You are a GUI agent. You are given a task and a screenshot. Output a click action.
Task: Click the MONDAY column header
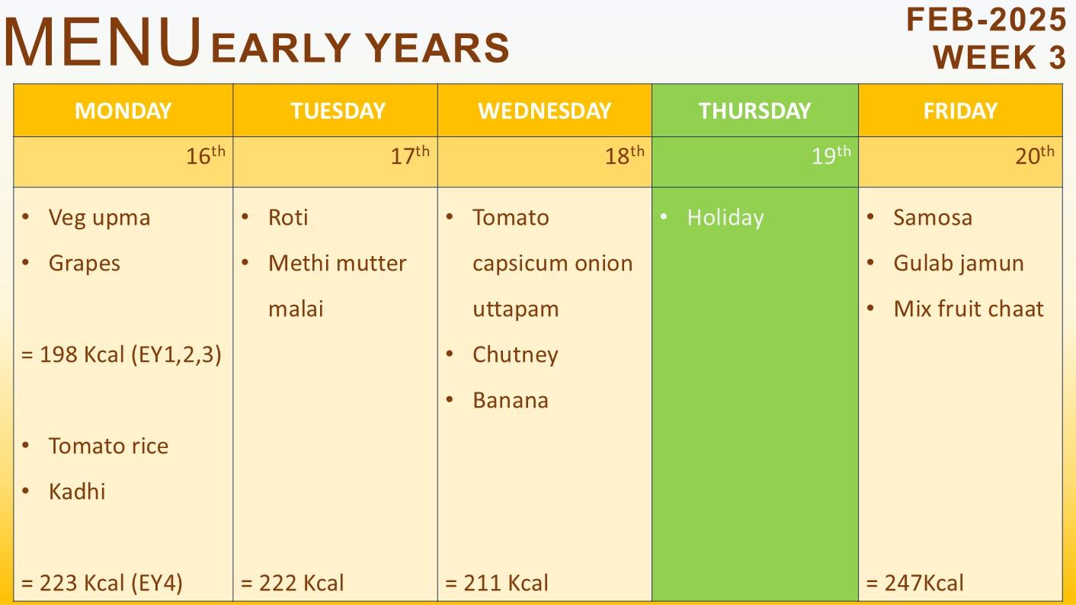coord(123,111)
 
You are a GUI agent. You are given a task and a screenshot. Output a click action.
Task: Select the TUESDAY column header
coord(338,111)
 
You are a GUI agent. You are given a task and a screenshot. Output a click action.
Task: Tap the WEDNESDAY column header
coord(544,111)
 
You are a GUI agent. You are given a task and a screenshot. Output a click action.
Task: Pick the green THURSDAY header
coord(754,111)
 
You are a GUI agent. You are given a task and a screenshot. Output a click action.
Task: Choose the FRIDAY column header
coord(960,111)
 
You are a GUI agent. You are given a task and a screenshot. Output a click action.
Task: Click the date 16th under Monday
coord(206,155)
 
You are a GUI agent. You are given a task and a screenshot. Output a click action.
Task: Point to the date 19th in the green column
coord(831,155)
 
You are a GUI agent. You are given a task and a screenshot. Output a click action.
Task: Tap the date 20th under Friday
coord(1035,155)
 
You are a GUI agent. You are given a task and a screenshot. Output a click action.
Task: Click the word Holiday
coord(725,218)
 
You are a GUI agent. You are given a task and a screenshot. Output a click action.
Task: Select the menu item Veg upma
coord(99,218)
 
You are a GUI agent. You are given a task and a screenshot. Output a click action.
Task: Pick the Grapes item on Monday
coord(85,264)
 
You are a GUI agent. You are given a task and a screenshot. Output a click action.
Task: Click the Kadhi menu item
coord(77,491)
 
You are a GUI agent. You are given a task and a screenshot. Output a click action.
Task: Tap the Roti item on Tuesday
coord(288,217)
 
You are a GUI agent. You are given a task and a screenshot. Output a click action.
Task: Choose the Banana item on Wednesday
coord(510,401)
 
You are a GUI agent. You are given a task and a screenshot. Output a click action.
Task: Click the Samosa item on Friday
coord(933,217)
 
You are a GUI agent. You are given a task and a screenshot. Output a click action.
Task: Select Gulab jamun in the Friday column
coord(959,264)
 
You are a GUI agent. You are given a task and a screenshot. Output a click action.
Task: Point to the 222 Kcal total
coord(293,583)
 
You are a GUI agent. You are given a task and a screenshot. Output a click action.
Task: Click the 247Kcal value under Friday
coord(915,583)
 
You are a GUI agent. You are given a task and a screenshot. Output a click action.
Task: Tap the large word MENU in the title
coord(102,42)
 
